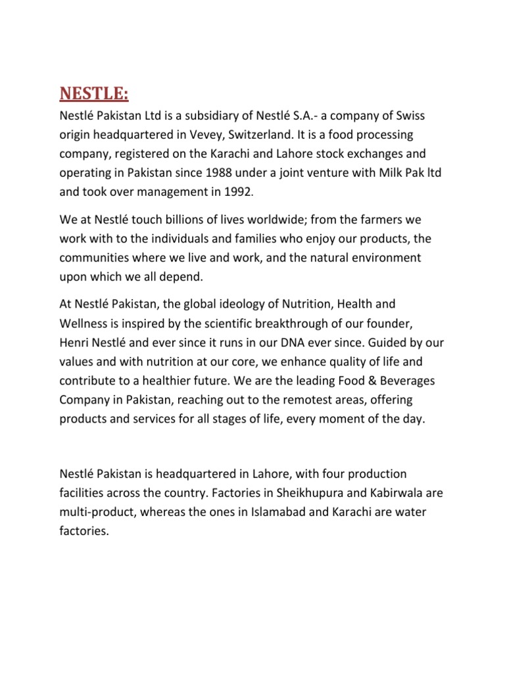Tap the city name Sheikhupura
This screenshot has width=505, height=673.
click(303, 492)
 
